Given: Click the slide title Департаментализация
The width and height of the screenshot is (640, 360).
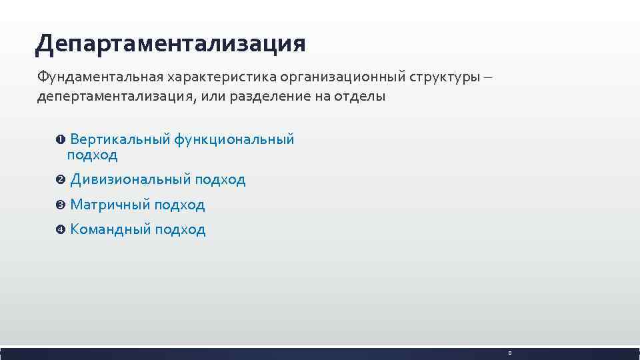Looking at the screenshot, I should point(171,44).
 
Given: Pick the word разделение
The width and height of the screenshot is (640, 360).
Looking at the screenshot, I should point(273,97).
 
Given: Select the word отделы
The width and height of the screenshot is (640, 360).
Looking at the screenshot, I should point(361,97).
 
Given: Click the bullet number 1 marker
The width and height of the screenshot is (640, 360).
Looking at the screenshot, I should point(60,140).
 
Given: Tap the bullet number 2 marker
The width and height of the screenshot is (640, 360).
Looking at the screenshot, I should point(60,180).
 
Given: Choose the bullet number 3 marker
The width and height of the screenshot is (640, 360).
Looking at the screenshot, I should point(60,205).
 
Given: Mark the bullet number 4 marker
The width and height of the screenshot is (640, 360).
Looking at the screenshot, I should point(60,230).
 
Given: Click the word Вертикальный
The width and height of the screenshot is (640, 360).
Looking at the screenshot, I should point(119,139).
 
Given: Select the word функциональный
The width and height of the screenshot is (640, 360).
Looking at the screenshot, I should point(234,139).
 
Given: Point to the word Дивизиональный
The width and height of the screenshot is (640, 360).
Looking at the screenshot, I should point(131,179).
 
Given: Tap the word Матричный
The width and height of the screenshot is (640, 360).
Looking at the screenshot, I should point(110,205).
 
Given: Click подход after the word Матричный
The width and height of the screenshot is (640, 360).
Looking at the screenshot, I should point(179,205).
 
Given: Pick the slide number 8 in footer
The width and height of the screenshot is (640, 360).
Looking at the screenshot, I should point(509,353).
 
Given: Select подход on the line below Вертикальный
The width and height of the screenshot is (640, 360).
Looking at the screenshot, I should point(92,155).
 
